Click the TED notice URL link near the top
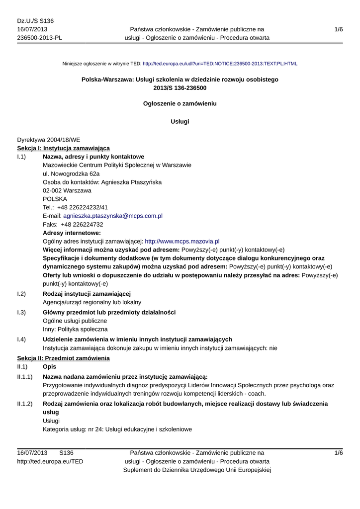click(x=220, y=64)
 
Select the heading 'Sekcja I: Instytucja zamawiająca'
click(x=64, y=148)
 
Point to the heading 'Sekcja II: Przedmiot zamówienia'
click(x=63, y=358)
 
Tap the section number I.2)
click(x=21, y=294)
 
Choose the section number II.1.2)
click(x=25, y=404)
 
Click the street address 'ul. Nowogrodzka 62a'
click(x=71, y=173)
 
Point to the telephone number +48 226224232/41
click(x=83, y=207)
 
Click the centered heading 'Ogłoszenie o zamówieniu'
click(x=180, y=104)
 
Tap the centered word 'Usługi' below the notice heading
click(x=180, y=121)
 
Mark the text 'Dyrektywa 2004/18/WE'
click(x=49, y=140)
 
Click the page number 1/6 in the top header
click(x=339, y=29)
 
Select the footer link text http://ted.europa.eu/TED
click(x=50, y=461)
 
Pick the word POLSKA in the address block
click(x=55, y=199)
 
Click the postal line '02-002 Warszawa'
click(x=67, y=190)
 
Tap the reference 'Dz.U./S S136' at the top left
click(x=35, y=21)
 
